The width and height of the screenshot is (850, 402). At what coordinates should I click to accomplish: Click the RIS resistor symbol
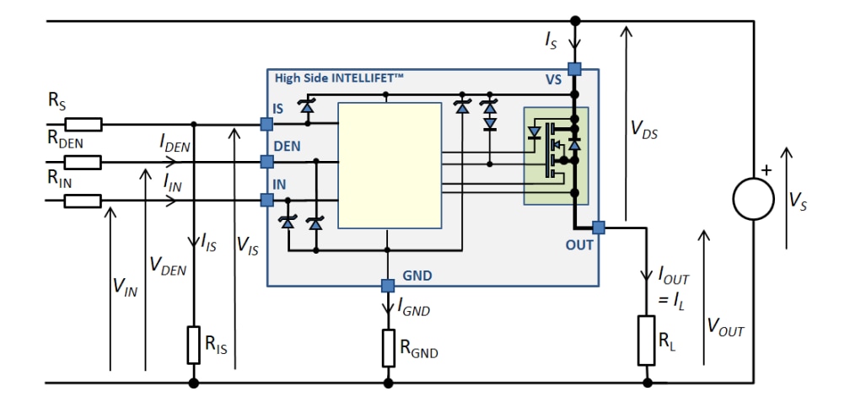(x=193, y=345)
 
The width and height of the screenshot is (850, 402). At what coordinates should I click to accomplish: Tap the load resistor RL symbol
(x=647, y=340)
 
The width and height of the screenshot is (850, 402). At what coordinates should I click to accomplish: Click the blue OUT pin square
(x=599, y=228)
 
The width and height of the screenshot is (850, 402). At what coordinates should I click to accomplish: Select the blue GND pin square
(x=388, y=285)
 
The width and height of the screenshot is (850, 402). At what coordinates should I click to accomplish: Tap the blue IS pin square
(x=266, y=125)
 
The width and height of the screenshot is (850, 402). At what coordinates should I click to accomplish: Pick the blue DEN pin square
(x=266, y=162)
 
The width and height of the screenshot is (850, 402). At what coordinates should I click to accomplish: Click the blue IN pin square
(x=266, y=200)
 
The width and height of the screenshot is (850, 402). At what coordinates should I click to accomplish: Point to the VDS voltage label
(x=645, y=128)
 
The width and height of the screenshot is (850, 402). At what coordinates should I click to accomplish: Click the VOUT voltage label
(x=725, y=329)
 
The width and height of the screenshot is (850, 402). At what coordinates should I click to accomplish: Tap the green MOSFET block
(x=556, y=156)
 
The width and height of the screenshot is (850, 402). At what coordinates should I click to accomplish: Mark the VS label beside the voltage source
(x=797, y=200)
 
